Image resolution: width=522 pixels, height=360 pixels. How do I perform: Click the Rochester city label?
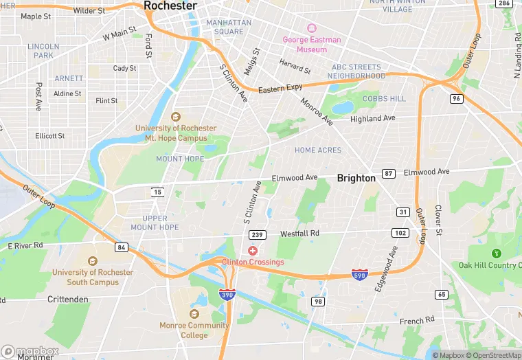pos(170,5)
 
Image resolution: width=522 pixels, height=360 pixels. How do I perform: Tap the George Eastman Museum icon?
pos(311,28)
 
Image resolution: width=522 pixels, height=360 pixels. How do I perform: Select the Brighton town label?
pos(356,178)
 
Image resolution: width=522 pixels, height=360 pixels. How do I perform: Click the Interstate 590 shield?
pos(359,274)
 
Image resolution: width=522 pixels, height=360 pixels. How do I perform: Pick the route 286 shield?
pos(504,4)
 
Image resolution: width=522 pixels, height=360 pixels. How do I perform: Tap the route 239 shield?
pos(257,234)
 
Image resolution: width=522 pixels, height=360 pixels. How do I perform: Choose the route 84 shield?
pos(122,247)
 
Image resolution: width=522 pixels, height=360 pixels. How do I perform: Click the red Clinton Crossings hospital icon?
pos(253,251)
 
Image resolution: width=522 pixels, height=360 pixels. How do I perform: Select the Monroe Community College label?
pos(194,330)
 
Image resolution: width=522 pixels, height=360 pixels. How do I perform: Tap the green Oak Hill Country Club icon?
pos(497,254)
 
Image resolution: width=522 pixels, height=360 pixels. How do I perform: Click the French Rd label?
pos(418,319)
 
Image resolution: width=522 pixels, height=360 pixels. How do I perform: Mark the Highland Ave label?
pos(373,118)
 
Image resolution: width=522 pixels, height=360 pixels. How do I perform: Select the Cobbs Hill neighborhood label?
pos(384,99)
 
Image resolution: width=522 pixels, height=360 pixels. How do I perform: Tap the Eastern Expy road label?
pos(280,89)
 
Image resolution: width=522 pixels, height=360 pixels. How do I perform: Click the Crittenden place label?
pos(69,300)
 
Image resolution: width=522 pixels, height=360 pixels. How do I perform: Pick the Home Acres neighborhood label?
pos(318,150)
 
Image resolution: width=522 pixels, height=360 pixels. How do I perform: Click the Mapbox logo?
pos(30,350)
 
